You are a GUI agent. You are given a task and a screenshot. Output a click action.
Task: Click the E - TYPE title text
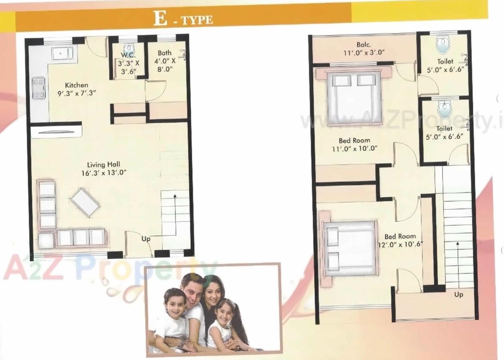[183, 19]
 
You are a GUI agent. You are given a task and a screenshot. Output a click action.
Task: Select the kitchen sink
[65, 53]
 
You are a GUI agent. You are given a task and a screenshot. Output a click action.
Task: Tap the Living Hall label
[104, 168]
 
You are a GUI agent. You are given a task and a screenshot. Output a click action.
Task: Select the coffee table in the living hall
[85, 202]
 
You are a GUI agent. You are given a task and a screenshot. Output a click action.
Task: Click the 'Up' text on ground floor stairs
[146, 238]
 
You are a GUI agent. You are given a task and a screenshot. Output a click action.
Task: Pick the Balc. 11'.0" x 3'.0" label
[364, 49]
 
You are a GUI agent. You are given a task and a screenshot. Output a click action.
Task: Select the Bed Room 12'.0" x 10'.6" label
[400, 240]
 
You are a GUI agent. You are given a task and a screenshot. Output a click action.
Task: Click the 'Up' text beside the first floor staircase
[459, 295]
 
